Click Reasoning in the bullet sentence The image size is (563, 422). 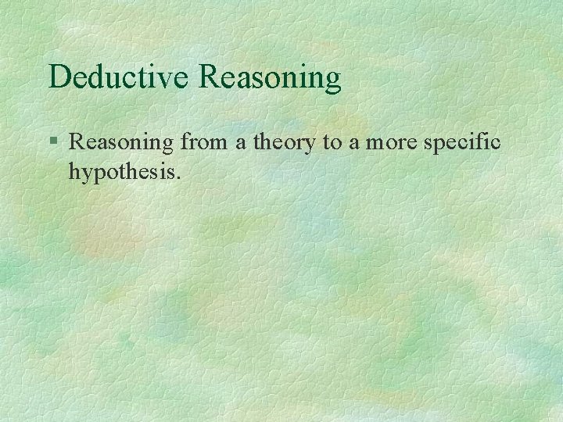click(x=122, y=144)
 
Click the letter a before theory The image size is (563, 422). click(x=232, y=144)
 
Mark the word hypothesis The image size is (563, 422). click(x=124, y=170)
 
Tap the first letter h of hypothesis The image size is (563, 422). click(x=74, y=169)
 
